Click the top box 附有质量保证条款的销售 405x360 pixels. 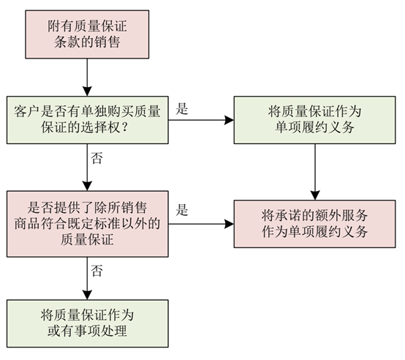87,34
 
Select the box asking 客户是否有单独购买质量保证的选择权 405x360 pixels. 88,120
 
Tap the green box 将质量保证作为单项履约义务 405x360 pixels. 314,120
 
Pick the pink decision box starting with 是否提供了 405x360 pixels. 88,224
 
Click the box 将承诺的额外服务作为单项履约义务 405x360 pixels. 314,224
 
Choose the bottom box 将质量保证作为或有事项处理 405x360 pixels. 88,323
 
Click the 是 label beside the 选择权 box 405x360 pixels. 182,108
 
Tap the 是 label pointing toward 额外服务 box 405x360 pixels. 182,210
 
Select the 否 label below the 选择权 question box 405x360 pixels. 96,158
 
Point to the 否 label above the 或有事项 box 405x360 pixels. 96,271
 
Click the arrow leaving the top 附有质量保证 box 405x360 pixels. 87,78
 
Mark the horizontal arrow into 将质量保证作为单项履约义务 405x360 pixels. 201,120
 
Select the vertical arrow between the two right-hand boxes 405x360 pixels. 315,172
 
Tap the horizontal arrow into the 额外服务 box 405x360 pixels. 201,224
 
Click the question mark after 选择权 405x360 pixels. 125,127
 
